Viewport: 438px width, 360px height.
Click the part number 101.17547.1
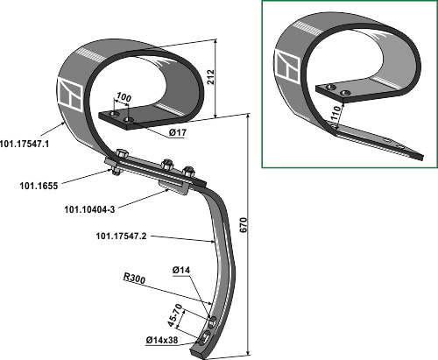point(25,144)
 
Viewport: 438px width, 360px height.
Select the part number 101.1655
point(39,186)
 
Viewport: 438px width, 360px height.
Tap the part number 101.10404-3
point(89,209)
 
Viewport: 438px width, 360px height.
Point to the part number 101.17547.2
point(121,236)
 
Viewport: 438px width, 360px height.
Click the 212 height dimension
point(210,77)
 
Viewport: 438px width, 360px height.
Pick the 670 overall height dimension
point(244,225)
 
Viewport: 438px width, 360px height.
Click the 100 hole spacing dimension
point(124,97)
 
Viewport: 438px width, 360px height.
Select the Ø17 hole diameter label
point(177,133)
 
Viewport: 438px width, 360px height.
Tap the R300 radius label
point(134,279)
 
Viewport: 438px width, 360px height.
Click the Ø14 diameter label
point(181,270)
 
